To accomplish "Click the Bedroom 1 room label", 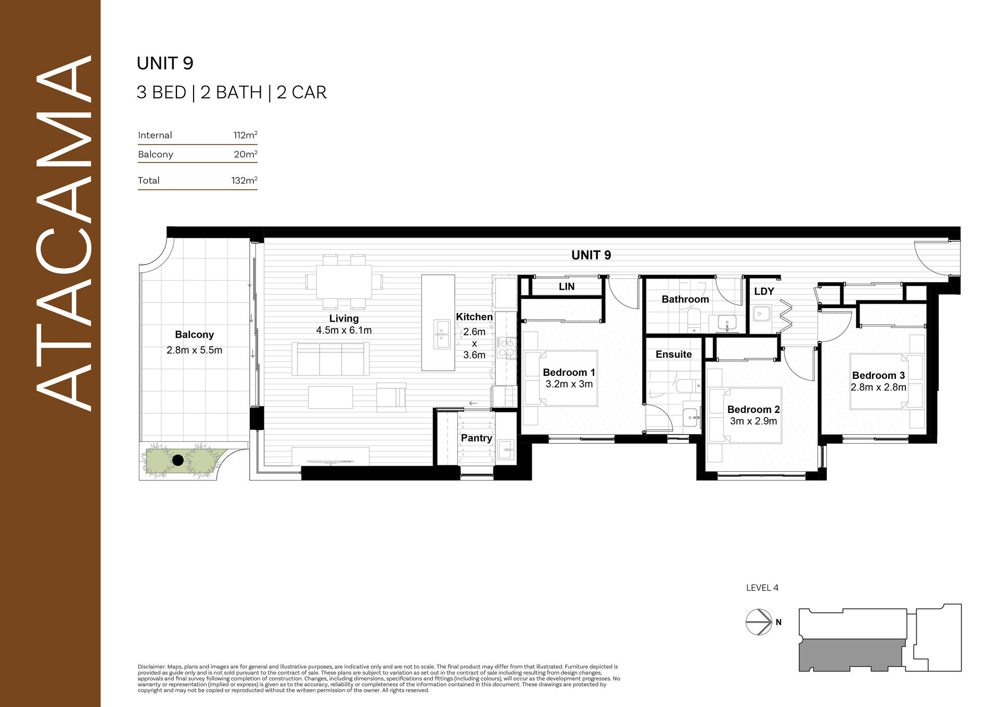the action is tap(569, 372).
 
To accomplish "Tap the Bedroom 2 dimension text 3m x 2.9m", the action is tap(753, 421).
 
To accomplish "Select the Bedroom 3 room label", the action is tap(878, 375).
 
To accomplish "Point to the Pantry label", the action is tap(477, 438).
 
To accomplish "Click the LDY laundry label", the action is tap(764, 292).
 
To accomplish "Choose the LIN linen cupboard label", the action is tap(567, 286).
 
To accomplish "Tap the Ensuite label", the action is tap(674, 355).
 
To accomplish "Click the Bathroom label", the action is tap(685, 299).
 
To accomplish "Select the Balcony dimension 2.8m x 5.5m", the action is tap(195, 350).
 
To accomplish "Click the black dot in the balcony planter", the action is tap(178, 460).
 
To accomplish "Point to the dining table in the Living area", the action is tap(344, 282).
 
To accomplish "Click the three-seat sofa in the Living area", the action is tap(330, 359).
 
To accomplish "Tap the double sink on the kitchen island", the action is tap(442, 334).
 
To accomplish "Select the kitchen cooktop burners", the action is tap(507, 348).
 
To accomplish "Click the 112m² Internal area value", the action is tap(246, 135).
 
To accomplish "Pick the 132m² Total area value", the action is tap(245, 180).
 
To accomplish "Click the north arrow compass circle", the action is tap(759, 622).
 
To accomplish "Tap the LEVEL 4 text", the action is tap(762, 588).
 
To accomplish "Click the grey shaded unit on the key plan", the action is tap(851, 655).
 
